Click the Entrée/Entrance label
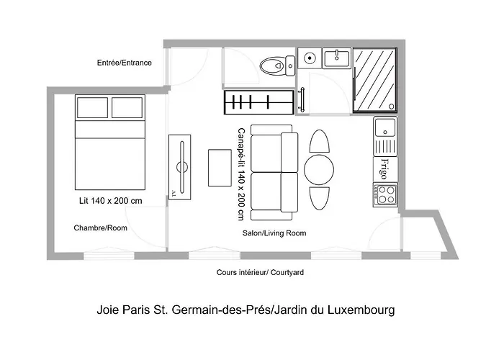click(125, 63)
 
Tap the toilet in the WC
click(277, 66)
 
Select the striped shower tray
click(375, 81)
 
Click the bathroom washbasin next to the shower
click(336, 58)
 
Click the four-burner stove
click(385, 195)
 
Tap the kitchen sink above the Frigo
click(385, 136)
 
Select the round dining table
click(319, 170)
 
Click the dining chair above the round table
click(319, 141)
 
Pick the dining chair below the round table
click(319, 198)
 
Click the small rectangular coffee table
click(220, 168)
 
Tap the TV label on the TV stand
click(174, 194)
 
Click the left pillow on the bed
click(93, 108)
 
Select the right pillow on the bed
click(127, 108)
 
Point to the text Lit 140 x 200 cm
click(111, 201)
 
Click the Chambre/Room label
click(100, 228)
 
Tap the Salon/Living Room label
click(274, 233)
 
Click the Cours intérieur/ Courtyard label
click(260, 273)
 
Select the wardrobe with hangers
click(259, 102)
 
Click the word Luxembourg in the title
click(361, 310)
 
